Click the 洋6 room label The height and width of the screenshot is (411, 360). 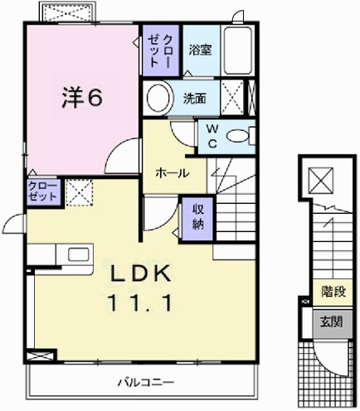pyautogui.click(x=80, y=98)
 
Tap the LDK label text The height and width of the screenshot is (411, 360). pyautogui.click(x=137, y=274)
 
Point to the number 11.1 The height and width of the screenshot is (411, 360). pyautogui.click(x=138, y=304)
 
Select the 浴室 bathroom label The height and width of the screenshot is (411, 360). pyautogui.click(x=200, y=49)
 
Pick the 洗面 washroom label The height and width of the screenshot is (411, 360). pyautogui.click(x=195, y=97)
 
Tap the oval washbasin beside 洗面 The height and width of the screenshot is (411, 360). pyautogui.click(x=157, y=98)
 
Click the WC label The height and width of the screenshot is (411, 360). pyautogui.click(x=212, y=136)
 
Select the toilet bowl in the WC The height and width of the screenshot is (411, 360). pyautogui.click(x=240, y=136)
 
